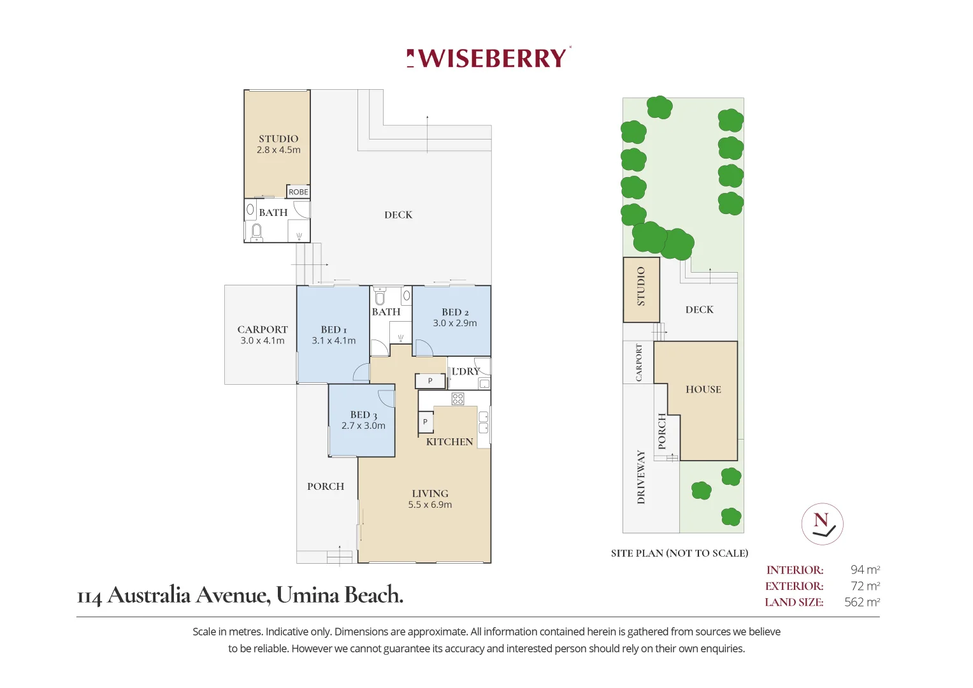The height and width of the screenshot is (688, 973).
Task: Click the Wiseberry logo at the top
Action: point(488,58)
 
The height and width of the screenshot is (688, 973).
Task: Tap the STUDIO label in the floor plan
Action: point(278,139)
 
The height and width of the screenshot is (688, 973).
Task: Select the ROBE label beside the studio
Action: point(298,192)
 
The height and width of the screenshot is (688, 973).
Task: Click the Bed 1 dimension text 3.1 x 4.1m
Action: point(333,341)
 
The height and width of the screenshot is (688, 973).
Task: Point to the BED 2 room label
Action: point(455,312)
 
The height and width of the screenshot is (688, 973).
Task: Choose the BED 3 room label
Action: point(363,415)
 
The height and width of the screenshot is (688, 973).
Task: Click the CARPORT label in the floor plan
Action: point(263,329)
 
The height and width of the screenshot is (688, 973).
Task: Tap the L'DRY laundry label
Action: point(465,371)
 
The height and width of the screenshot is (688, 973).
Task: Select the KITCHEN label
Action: point(449,441)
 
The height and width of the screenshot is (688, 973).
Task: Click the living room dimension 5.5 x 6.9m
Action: point(430,505)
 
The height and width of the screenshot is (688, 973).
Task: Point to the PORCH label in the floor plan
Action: point(326,486)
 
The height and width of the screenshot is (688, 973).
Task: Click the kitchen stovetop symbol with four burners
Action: point(458,399)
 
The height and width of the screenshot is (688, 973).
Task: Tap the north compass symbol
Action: point(822,524)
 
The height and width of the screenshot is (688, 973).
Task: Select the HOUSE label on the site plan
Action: point(703,389)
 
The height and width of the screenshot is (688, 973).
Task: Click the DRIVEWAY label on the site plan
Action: point(641,477)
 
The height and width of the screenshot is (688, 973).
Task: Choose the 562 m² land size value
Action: point(861,602)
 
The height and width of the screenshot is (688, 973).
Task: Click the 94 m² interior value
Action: point(865,570)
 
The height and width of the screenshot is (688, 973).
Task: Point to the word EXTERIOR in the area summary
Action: point(794,586)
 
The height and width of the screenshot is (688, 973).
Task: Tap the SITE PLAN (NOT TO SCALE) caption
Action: point(679,553)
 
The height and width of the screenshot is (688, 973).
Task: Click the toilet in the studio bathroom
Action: point(257,232)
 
